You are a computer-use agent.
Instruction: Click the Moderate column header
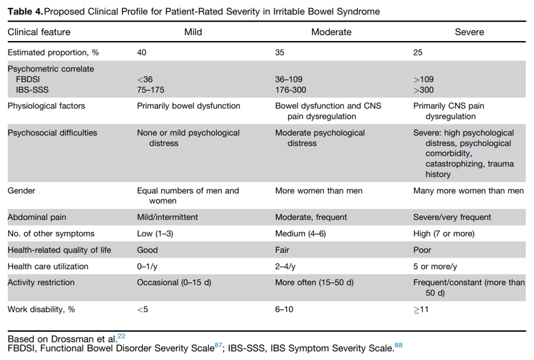coord(331,32)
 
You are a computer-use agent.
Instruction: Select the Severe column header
coord(470,32)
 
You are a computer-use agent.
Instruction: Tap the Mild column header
coord(193,32)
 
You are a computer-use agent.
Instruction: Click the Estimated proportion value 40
coord(142,52)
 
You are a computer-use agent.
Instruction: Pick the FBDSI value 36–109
coord(289,80)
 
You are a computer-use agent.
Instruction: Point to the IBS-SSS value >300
coord(423,90)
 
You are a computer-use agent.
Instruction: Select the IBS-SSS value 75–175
coord(151,90)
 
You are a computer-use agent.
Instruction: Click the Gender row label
coord(22,191)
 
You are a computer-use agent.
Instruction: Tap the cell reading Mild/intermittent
coord(167,217)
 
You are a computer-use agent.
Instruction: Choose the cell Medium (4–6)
coord(300,233)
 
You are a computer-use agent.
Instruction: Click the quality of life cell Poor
coord(422,250)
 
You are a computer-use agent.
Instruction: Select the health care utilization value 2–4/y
coord(285,267)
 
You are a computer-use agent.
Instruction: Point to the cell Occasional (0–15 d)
coord(174,283)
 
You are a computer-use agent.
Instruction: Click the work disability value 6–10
coord(284,309)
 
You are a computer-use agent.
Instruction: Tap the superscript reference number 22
coord(122,336)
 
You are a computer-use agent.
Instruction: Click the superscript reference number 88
coord(398,346)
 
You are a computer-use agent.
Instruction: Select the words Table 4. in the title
coord(25,11)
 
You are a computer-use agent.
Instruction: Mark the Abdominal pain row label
coord(37,217)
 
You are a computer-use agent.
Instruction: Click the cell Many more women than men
coord(468,191)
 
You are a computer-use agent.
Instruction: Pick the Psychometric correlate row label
coord(51,69)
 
